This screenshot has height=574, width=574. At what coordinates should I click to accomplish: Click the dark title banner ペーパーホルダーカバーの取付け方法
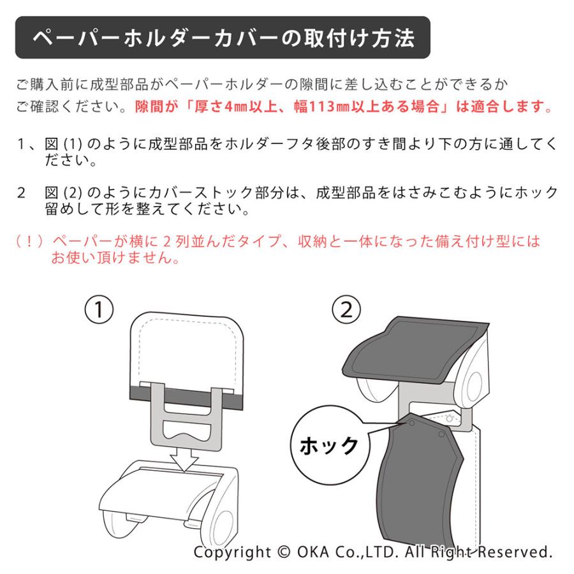(223, 38)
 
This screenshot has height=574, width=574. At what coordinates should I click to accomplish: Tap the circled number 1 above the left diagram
(99, 310)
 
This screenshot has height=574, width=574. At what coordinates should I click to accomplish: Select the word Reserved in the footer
(514, 552)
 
